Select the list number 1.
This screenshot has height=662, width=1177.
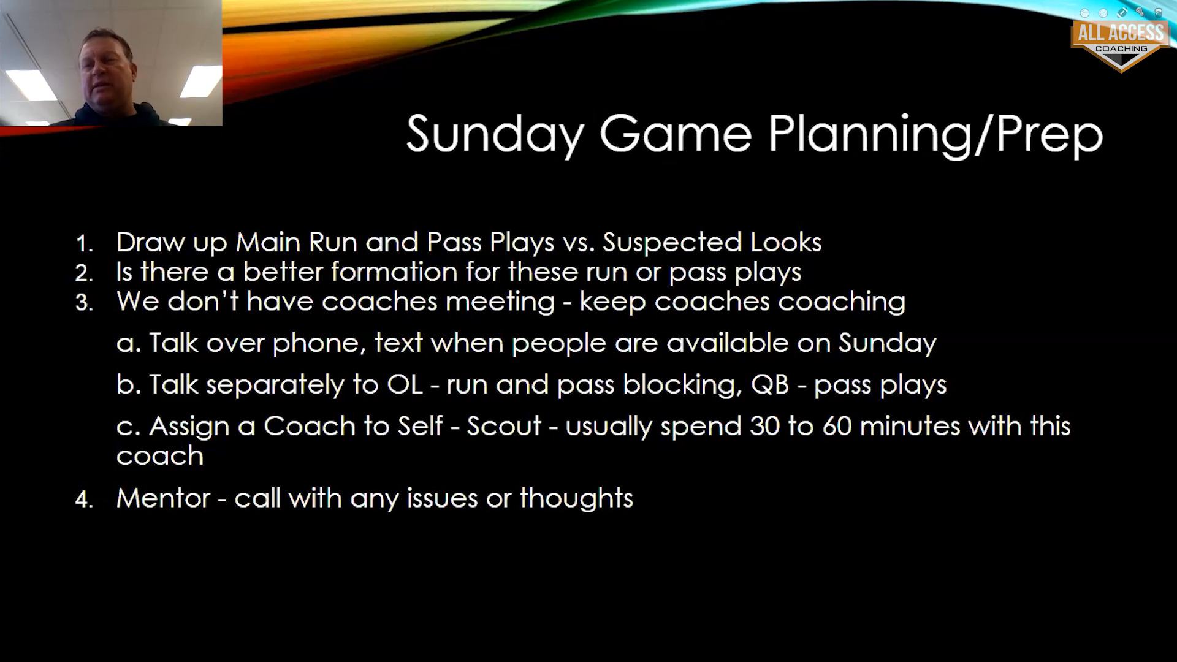tap(84, 244)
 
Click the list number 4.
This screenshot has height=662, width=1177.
tap(84, 500)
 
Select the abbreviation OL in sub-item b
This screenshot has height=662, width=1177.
tap(405, 385)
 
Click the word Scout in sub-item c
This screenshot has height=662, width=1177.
tap(504, 427)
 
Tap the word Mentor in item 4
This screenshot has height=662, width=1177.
tap(163, 498)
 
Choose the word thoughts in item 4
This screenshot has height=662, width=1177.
tap(576, 498)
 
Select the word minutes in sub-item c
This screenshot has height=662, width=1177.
tap(910, 427)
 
